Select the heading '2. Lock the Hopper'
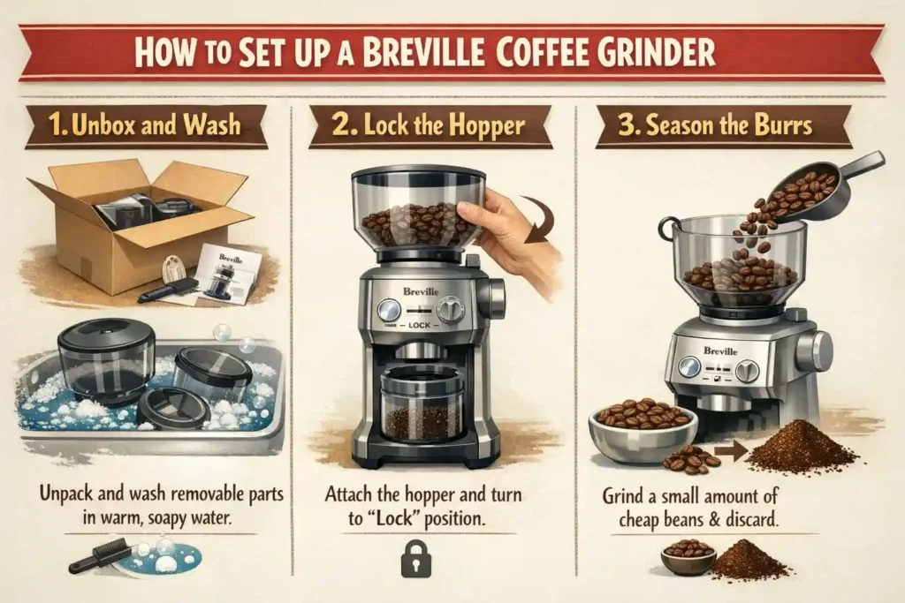click(x=430, y=125)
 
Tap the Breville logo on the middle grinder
click(x=422, y=288)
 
